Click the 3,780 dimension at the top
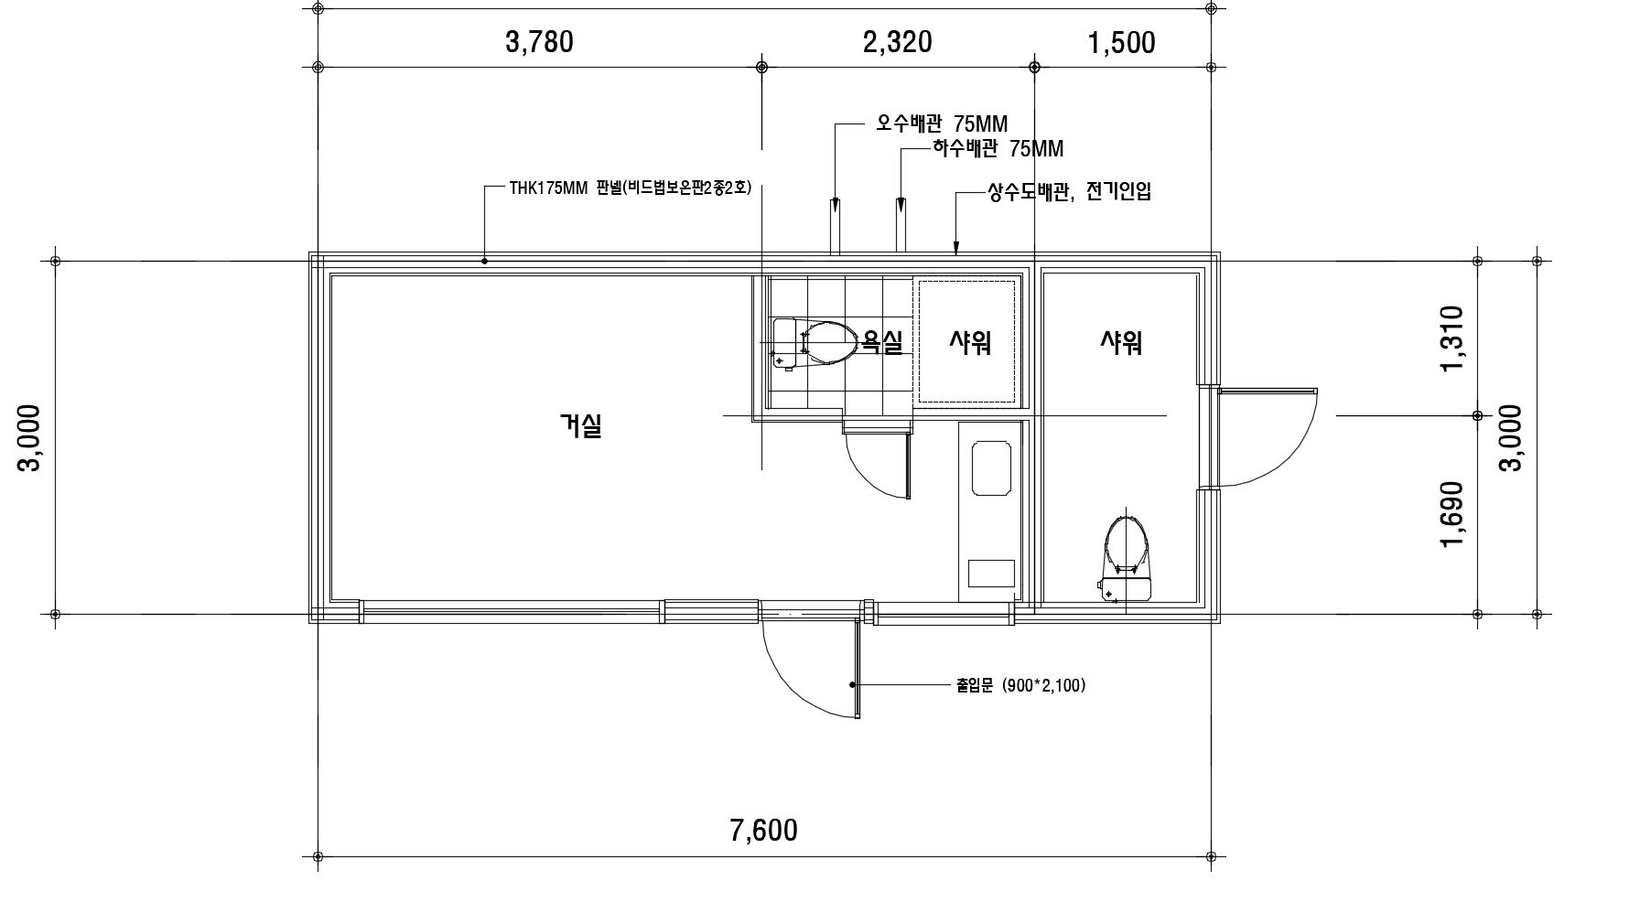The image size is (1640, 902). click(x=539, y=42)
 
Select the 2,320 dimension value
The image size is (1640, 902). click(x=898, y=42)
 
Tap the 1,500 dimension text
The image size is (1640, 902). click(x=1121, y=43)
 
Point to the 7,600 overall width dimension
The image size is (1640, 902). click(x=764, y=831)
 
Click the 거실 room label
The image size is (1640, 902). click(x=581, y=425)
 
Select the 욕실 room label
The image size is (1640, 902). click(x=883, y=343)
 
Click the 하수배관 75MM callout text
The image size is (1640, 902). click(x=998, y=147)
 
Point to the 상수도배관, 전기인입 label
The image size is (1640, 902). click(x=1069, y=193)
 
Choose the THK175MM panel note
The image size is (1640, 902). click(x=631, y=188)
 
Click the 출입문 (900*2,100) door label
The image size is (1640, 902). click(x=1021, y=685)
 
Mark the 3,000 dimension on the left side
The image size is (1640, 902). click(x=30, y=437)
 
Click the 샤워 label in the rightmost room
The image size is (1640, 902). click(x=1121, y=343)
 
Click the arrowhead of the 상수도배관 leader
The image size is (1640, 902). click(x=956, y=248)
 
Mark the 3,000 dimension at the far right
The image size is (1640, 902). click(x=1511, y=437)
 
